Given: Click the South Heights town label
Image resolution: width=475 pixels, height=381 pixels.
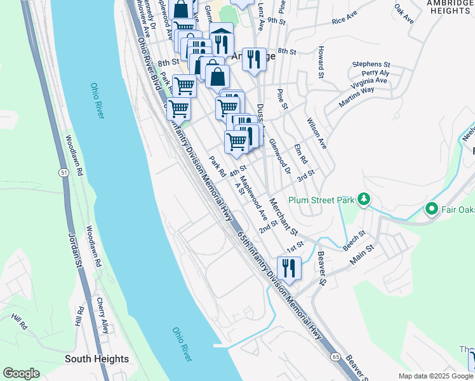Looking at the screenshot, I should point(97,359).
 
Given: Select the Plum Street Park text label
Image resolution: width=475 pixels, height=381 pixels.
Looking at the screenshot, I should point(320,200).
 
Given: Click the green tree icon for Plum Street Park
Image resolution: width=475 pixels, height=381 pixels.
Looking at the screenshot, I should point(364,199).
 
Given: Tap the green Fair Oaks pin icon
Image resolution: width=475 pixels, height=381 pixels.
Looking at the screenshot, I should point(431,208).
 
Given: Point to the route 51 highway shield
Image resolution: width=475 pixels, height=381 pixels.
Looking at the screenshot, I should point(64,173).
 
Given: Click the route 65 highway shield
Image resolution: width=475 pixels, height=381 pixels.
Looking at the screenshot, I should point(335,358).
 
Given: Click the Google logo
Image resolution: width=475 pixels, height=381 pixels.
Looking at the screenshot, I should point(21,373).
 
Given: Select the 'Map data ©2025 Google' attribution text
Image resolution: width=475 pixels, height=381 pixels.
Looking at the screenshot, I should point(436,376).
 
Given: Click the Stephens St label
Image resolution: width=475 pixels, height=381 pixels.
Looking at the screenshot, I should point(371,64).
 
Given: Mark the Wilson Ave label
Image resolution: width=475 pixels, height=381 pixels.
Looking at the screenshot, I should point(316,133).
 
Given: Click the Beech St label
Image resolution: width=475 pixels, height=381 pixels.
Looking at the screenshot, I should point(354,238).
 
